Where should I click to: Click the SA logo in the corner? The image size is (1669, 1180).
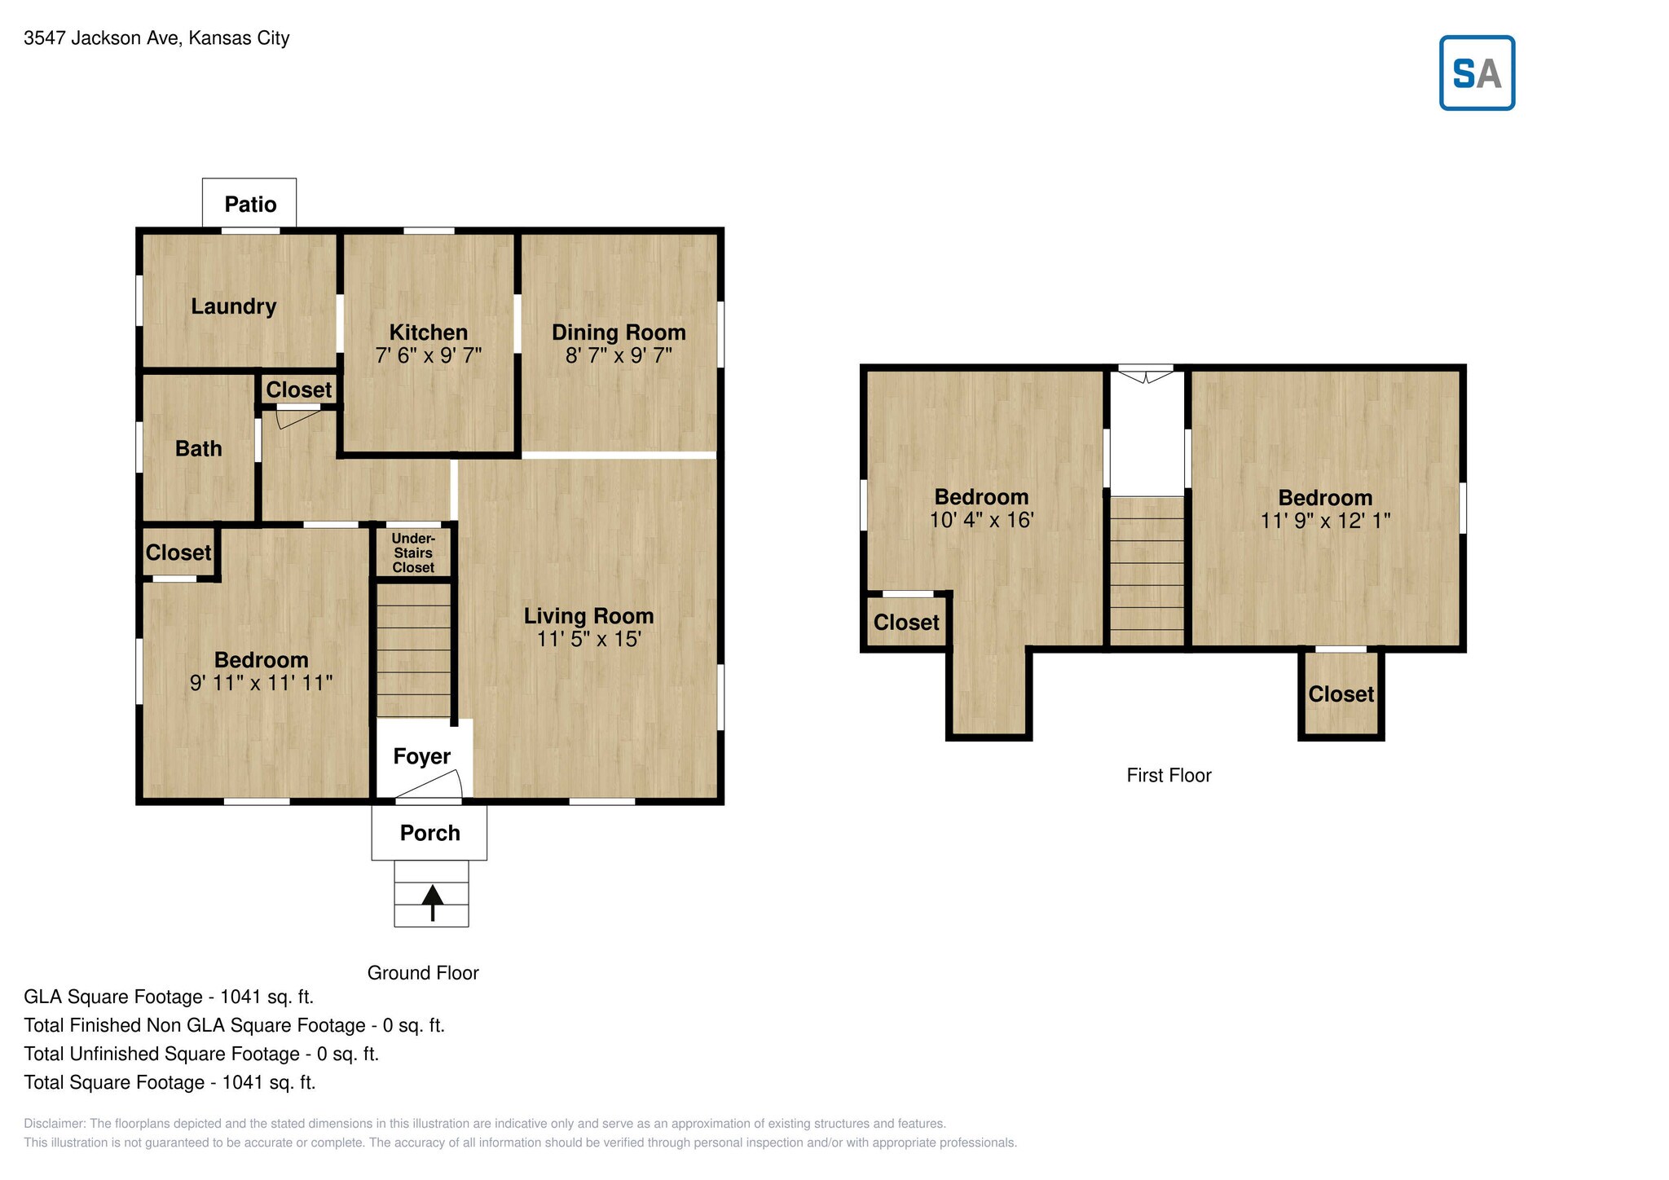pos(1477,73)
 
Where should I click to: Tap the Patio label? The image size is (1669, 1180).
pos(250,204)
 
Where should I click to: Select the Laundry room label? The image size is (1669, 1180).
pos(234,306)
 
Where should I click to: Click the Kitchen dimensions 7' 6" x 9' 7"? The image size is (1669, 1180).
pos(429,355)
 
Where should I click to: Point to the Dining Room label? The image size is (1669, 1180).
pos(619,332)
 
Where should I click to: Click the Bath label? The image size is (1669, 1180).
pos(199,448)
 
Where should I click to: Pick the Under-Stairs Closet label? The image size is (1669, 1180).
pos(413,553)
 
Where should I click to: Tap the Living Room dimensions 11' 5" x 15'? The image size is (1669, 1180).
pos(589,639)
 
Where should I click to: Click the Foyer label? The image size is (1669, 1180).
pos(421,757)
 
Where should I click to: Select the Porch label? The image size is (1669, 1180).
pos(430,833)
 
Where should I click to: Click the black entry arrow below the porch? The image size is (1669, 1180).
pos(432,903)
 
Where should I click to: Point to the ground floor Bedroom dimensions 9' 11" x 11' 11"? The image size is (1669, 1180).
pos(262,682)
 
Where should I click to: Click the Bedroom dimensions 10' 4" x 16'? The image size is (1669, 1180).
pos(982,520)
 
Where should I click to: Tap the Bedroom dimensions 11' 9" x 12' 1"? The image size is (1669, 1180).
pos(1326,521)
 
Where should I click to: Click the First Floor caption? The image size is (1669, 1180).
pos(1169,776)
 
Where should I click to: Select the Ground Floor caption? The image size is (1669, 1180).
pos(423,973)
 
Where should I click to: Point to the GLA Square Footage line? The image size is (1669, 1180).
pos(169,997)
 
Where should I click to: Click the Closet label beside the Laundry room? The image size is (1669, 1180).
pos(299,390)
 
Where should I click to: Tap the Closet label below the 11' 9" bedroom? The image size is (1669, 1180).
pos(1341,694)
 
